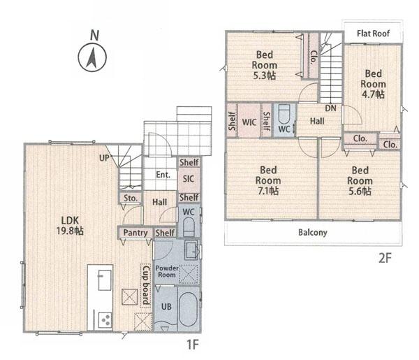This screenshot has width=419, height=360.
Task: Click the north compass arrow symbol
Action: (x=92, y=58)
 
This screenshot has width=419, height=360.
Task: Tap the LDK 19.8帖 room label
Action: (x=70, y=226)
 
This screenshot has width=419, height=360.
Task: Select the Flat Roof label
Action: (x=374, y=34)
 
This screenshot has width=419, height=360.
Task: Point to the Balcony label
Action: (x=313, y=232)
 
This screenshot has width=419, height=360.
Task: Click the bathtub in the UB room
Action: (x=188, y=309)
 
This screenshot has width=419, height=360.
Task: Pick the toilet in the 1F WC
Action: (x=189, y=227)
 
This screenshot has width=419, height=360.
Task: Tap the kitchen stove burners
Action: (x=105, y=320)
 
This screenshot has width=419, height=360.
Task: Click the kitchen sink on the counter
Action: (x=105, y=280)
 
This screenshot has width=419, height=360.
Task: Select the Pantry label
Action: (x=135, y=233)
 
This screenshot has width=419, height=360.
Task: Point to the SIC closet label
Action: (x=189, y=179)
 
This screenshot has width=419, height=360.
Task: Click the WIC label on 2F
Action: (x=249, y=122)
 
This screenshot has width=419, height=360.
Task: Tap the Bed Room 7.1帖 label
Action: (x=268, y=180)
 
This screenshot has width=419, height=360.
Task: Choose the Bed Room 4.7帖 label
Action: (x=373, y=84)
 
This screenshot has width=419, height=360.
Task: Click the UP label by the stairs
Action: (x=104, y=158)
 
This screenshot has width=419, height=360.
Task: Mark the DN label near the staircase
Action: (x=330, y=108)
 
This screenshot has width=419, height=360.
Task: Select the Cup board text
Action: (x=146, y=285)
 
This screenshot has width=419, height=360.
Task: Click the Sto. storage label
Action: (x=131, y=199)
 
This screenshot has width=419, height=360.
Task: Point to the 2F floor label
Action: (x=385, y=258)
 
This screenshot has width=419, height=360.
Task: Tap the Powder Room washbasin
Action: (x=192, y=250)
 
